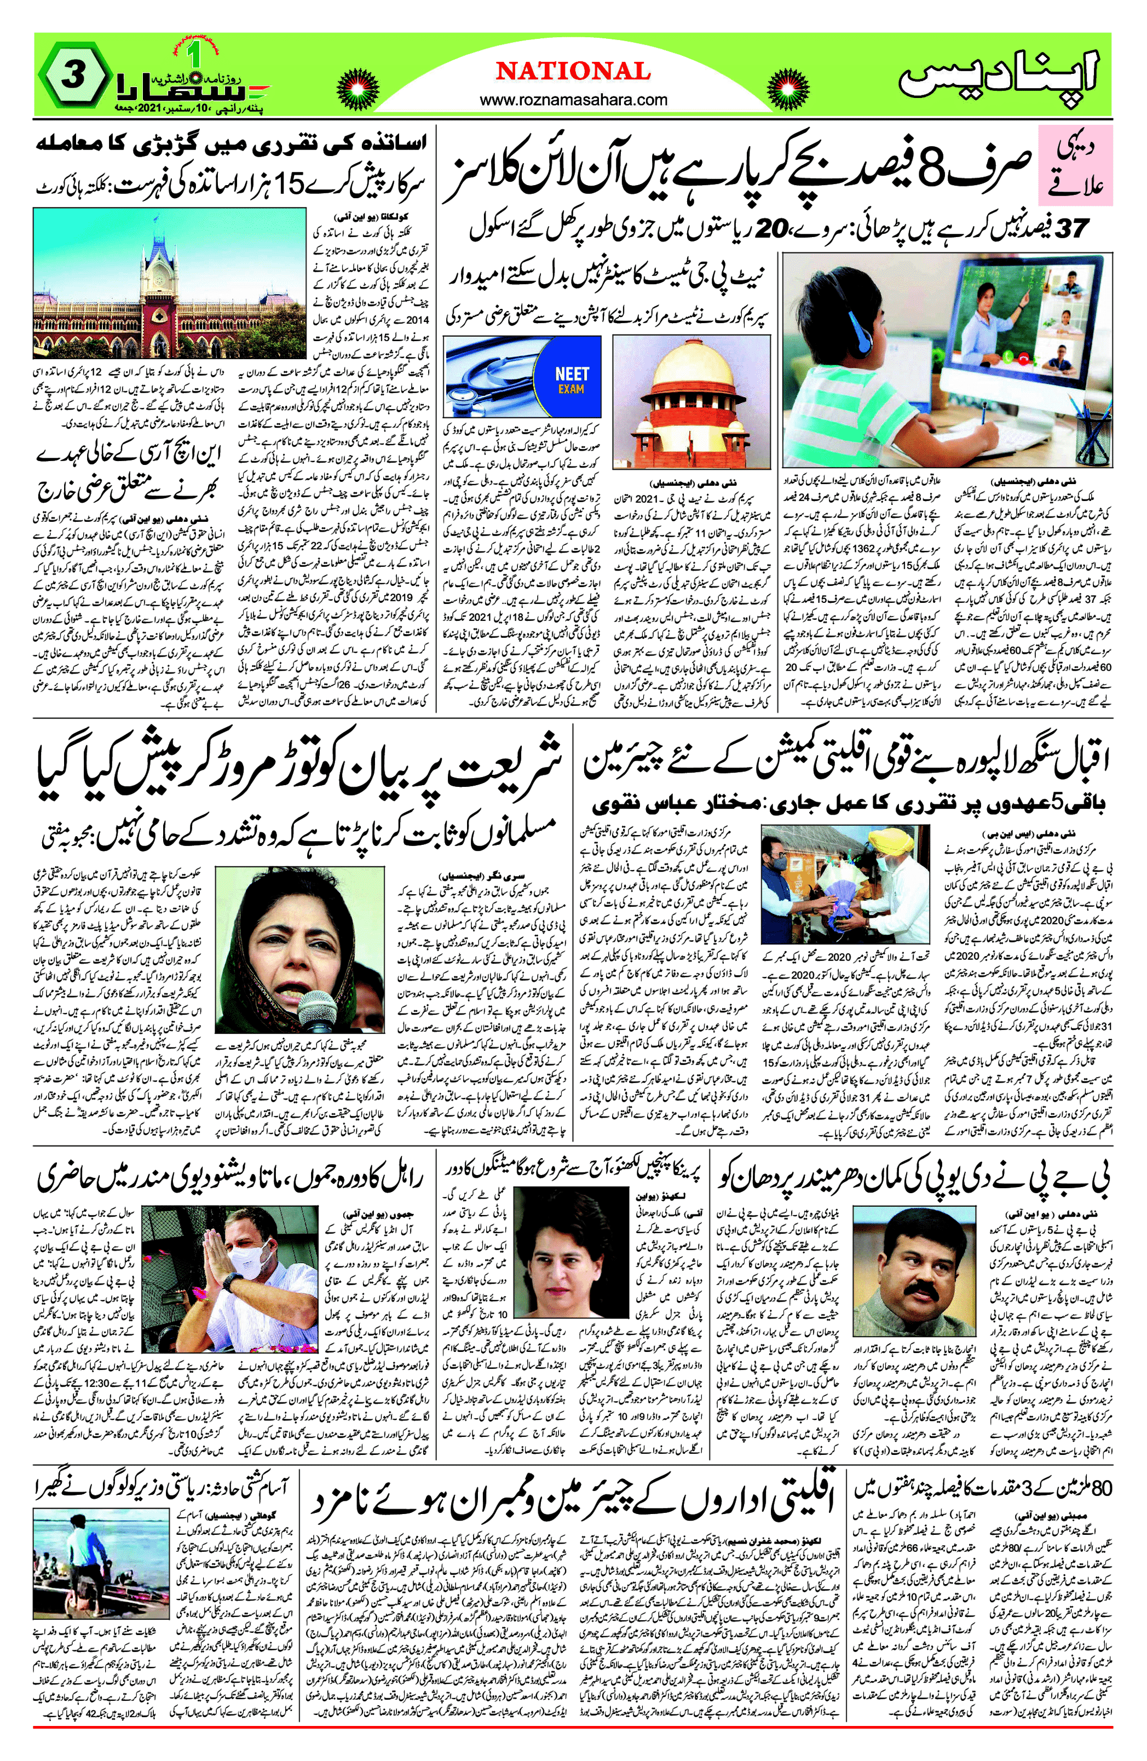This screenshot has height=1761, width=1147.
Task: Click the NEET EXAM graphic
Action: pos(571,381)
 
